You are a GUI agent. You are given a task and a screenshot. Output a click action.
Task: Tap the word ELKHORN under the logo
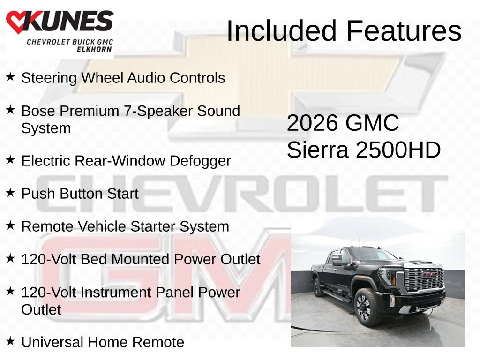tap(94, 49)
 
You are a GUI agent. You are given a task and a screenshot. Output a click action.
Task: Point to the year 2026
tap(312, 123)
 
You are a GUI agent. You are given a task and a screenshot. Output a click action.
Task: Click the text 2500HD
tap(398, 150)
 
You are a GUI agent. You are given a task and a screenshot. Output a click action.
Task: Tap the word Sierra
tap(317, 150)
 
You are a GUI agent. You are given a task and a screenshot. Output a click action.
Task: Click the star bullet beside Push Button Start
tap(10, 193)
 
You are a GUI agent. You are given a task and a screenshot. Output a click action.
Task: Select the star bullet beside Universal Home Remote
tap(10, 341)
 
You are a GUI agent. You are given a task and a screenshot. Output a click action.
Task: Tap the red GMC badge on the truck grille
tap(430, 274)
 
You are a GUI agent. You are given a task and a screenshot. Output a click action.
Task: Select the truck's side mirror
tap(339, 262)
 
